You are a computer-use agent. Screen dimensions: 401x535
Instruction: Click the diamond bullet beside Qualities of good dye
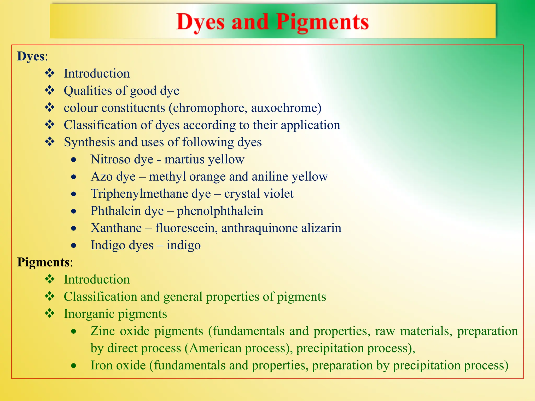pos(50,90)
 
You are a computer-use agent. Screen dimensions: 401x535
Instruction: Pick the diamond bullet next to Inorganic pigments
pos(50,313)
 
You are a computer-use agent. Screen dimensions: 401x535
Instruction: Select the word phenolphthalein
pos(220,211)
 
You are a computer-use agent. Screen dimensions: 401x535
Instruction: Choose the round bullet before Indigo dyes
pos(74,245)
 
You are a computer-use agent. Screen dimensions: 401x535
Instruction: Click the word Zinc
pos(103,331)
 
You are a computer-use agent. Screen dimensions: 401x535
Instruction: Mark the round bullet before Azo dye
pos(74,177)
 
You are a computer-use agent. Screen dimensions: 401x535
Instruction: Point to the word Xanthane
pos(116,228)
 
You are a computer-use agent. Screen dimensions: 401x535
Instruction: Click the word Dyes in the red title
pos(200,22)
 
